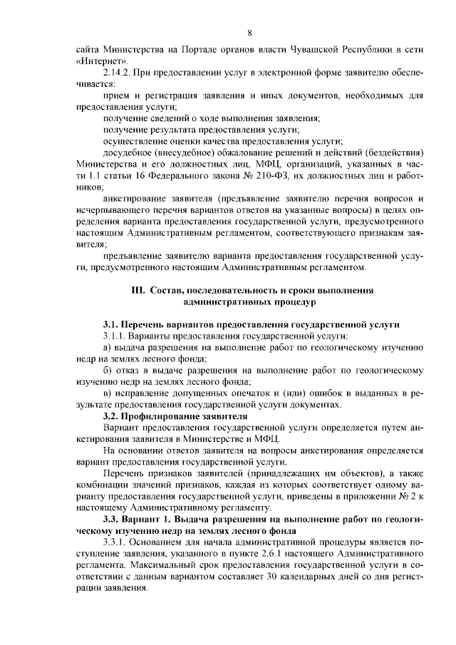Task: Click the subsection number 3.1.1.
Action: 115,336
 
